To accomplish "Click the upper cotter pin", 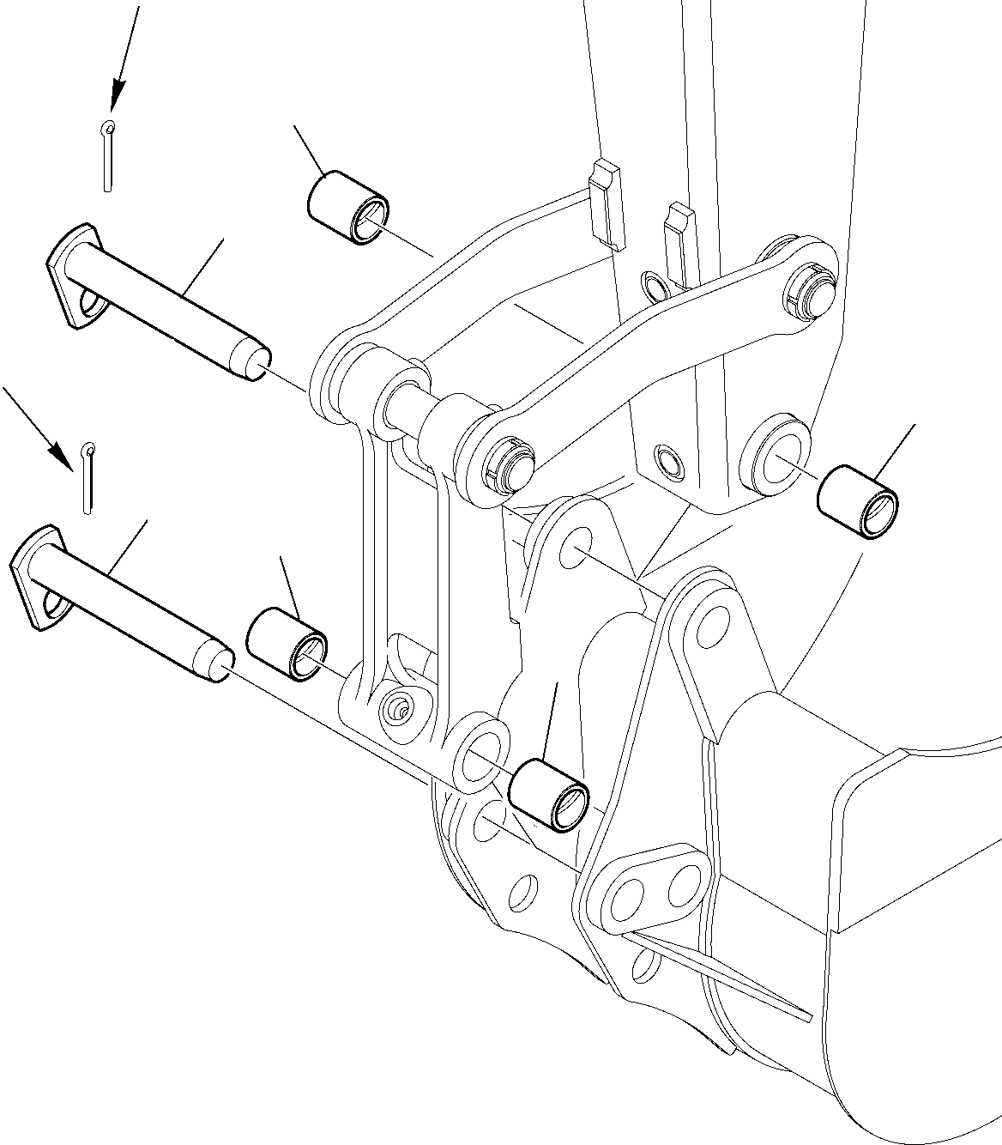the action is point(106,154).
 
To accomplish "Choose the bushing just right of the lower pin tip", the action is point(287,644).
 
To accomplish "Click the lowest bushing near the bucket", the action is point(549,794).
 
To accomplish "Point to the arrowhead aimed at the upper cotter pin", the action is point(116,93).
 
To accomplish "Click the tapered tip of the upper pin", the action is point(254,363).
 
